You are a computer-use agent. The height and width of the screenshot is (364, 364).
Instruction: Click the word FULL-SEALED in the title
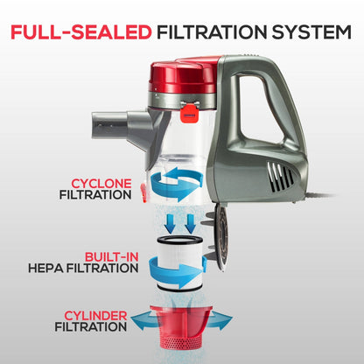click(x=81, y=32)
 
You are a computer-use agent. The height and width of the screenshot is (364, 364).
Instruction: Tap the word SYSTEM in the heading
click(x=311, y=32)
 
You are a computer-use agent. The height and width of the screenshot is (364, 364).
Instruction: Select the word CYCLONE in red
click(x=101, y=184)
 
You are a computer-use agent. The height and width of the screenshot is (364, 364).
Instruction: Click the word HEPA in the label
click(x=45, y=269)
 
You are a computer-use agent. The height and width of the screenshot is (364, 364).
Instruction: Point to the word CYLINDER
click(x=95, y=316)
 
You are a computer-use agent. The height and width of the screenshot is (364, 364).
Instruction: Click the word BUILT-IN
click(x=111, y=257)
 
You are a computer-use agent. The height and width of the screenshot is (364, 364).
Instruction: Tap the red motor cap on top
click(x=184, y=76)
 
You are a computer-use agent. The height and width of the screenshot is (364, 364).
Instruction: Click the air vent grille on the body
click(x=280, y=176)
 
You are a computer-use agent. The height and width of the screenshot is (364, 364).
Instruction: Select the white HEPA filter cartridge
click(x=179, y=263)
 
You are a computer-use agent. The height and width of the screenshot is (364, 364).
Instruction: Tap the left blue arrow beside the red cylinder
click(x=145, y=320)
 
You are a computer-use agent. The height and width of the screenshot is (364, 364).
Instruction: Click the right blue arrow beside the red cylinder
click(x=220, y=320)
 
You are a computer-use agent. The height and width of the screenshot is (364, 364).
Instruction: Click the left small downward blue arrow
click(x=171, y=224)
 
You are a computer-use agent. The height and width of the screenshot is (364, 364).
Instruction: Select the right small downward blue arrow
click(x=190, y=224)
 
